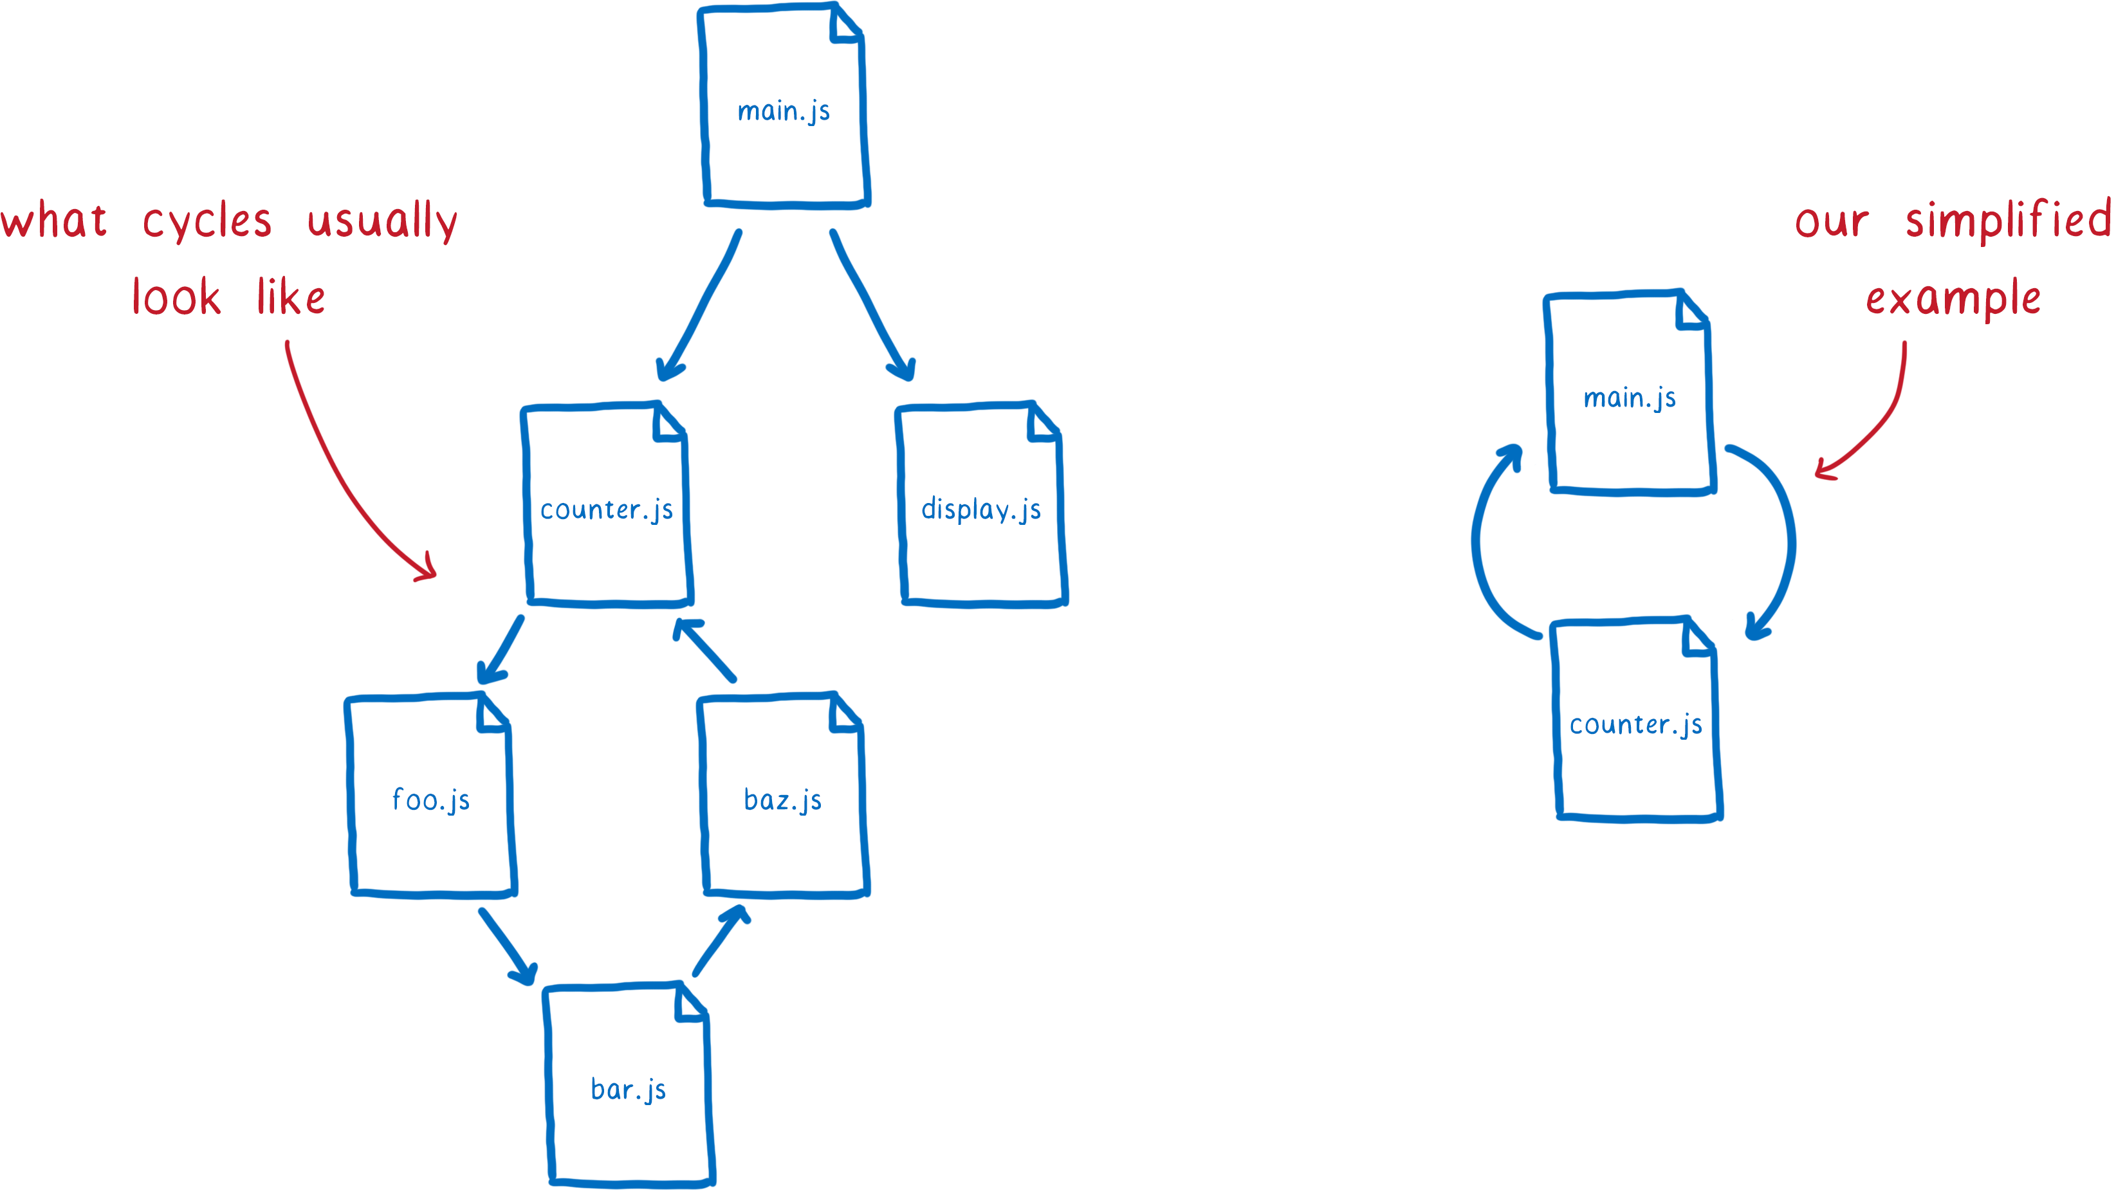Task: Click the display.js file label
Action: click(980, 509)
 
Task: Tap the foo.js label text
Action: click(431, 799)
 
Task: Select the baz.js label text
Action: click(783, 799)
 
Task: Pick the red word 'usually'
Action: click(382, 221)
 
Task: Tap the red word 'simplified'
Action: click(2007, 220)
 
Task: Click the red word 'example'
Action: click(1953, 298)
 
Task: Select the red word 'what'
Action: click(53, 220)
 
